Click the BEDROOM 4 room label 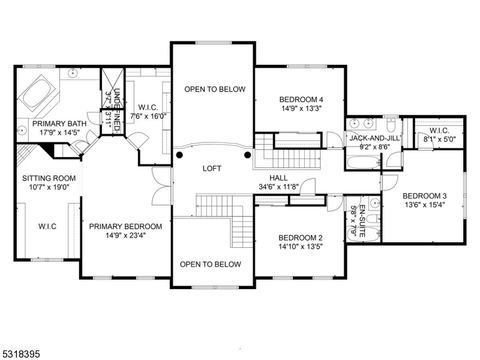301,100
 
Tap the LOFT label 211,169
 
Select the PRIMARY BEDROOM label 125,226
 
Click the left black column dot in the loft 179,155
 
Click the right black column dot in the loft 247,155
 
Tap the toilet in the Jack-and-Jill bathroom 390,127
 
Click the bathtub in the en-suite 370,233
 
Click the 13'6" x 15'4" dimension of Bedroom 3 424,206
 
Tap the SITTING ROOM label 49,178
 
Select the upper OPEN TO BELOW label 215,89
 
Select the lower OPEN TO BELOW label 211,265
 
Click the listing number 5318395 22,355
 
